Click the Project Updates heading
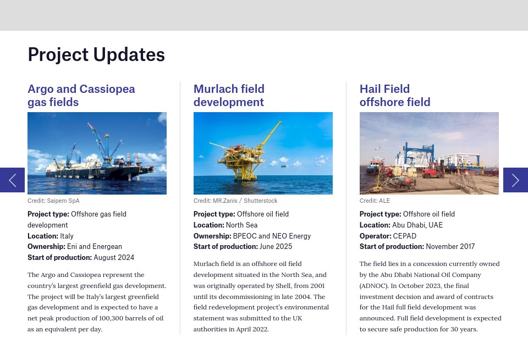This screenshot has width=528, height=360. [x=96, y=54]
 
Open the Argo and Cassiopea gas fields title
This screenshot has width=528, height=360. [x=81, y=96]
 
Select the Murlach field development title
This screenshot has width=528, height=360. [x=229, y=96]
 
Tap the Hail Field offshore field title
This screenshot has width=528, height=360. [x=395, y=96]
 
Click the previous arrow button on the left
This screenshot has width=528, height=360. [x=12, y=180]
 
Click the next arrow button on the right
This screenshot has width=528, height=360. [x=515, y=180]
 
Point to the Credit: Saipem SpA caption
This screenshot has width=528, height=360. [x=53, y=201]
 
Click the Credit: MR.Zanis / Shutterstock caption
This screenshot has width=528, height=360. [x=235, y=201]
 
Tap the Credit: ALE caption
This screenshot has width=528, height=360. [x=375, y=201]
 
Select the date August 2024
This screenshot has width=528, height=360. [x=114, y=257]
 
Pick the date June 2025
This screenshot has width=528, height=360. [x=276, y=246]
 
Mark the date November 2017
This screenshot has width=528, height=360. [x=450, y=246]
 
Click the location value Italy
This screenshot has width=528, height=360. [x=67, y=236]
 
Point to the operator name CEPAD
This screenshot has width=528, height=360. [x=404, y=236]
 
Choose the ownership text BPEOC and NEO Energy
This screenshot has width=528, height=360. [x=272, y=236]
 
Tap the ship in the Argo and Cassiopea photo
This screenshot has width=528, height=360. [x=99, y=168]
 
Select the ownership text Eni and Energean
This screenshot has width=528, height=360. [x=95, y=246]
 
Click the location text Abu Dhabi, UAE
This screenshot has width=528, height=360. [x=417, y=225]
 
